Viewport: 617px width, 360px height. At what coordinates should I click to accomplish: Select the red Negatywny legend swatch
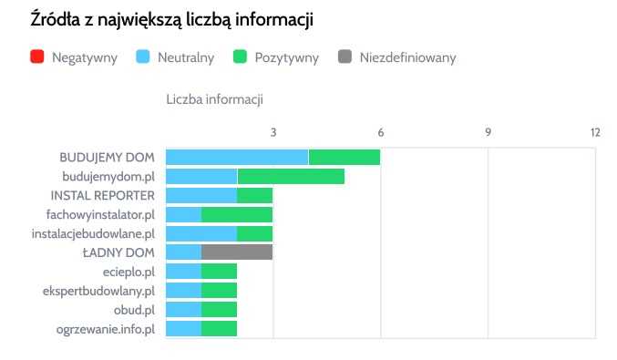pyautogui.click(x=37, y=58)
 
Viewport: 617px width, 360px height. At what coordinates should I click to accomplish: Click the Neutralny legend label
pyautogui.click(x=185, y=58)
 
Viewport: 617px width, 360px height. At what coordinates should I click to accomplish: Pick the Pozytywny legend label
pyautogui.click(x=286, y=58)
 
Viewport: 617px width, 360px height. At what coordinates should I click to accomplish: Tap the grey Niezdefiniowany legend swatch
pyautogui.click(x=344, y=58)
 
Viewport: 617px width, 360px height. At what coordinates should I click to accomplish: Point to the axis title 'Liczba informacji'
pyautogui.click(x=214, y=98)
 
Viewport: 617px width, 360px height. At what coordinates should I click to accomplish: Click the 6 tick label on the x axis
pyautogui.click(x=381, y=132)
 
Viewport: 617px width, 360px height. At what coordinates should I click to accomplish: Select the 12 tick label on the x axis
pyautogui.click(x=595, y=132)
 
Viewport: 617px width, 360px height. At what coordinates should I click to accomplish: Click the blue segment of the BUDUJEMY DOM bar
pyautogui.click(x=237, y=157)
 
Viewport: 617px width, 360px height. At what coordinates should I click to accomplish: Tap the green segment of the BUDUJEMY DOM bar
pyautogui.click(x=344, y=157)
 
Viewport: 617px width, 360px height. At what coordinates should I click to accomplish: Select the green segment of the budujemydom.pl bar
pyautogui.click(x=291, y=176)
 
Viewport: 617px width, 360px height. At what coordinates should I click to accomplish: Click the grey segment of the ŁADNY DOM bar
pyautogui.click(x=237, y=252)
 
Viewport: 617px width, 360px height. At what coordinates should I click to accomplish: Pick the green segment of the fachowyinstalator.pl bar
pyautogui.click(x=237, y=214)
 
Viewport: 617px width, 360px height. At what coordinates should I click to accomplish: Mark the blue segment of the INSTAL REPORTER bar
pyautogui.click(x=201, y=195)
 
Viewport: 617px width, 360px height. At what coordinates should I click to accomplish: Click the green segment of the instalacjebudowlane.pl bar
pyautogui.click(x=255, y=233)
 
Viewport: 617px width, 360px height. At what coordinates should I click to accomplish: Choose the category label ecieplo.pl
pyautogui.click(x=129, y=272)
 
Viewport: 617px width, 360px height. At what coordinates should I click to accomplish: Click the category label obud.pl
pyautogui.click(x=136, y=310)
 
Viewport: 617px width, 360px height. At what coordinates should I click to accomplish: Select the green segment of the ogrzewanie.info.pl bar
pyautogui.click(x=220, y=329)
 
